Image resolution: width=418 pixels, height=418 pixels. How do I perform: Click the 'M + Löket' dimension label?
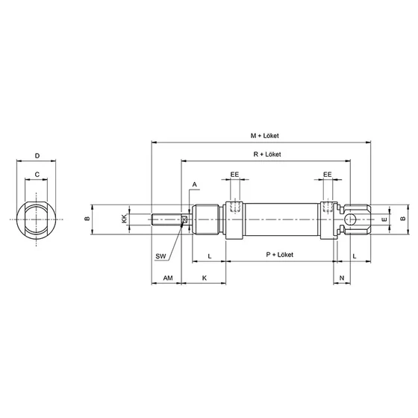coord(264,136)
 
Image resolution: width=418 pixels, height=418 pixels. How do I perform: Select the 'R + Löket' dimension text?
coord(267,155)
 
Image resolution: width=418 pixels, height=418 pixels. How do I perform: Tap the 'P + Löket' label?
coord(280,255)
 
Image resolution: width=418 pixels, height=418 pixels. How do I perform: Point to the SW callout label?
coord(160,257)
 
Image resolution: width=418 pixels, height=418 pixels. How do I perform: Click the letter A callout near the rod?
coord(195,184)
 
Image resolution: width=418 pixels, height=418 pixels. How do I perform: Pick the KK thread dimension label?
coord(124,219)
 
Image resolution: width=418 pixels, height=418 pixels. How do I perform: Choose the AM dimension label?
coord(168,278)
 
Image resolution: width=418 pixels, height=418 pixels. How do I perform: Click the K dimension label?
coord(205,278)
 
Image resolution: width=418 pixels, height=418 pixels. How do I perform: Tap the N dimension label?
coord(342,278)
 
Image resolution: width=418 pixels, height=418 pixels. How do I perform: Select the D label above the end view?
coord(37,156)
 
